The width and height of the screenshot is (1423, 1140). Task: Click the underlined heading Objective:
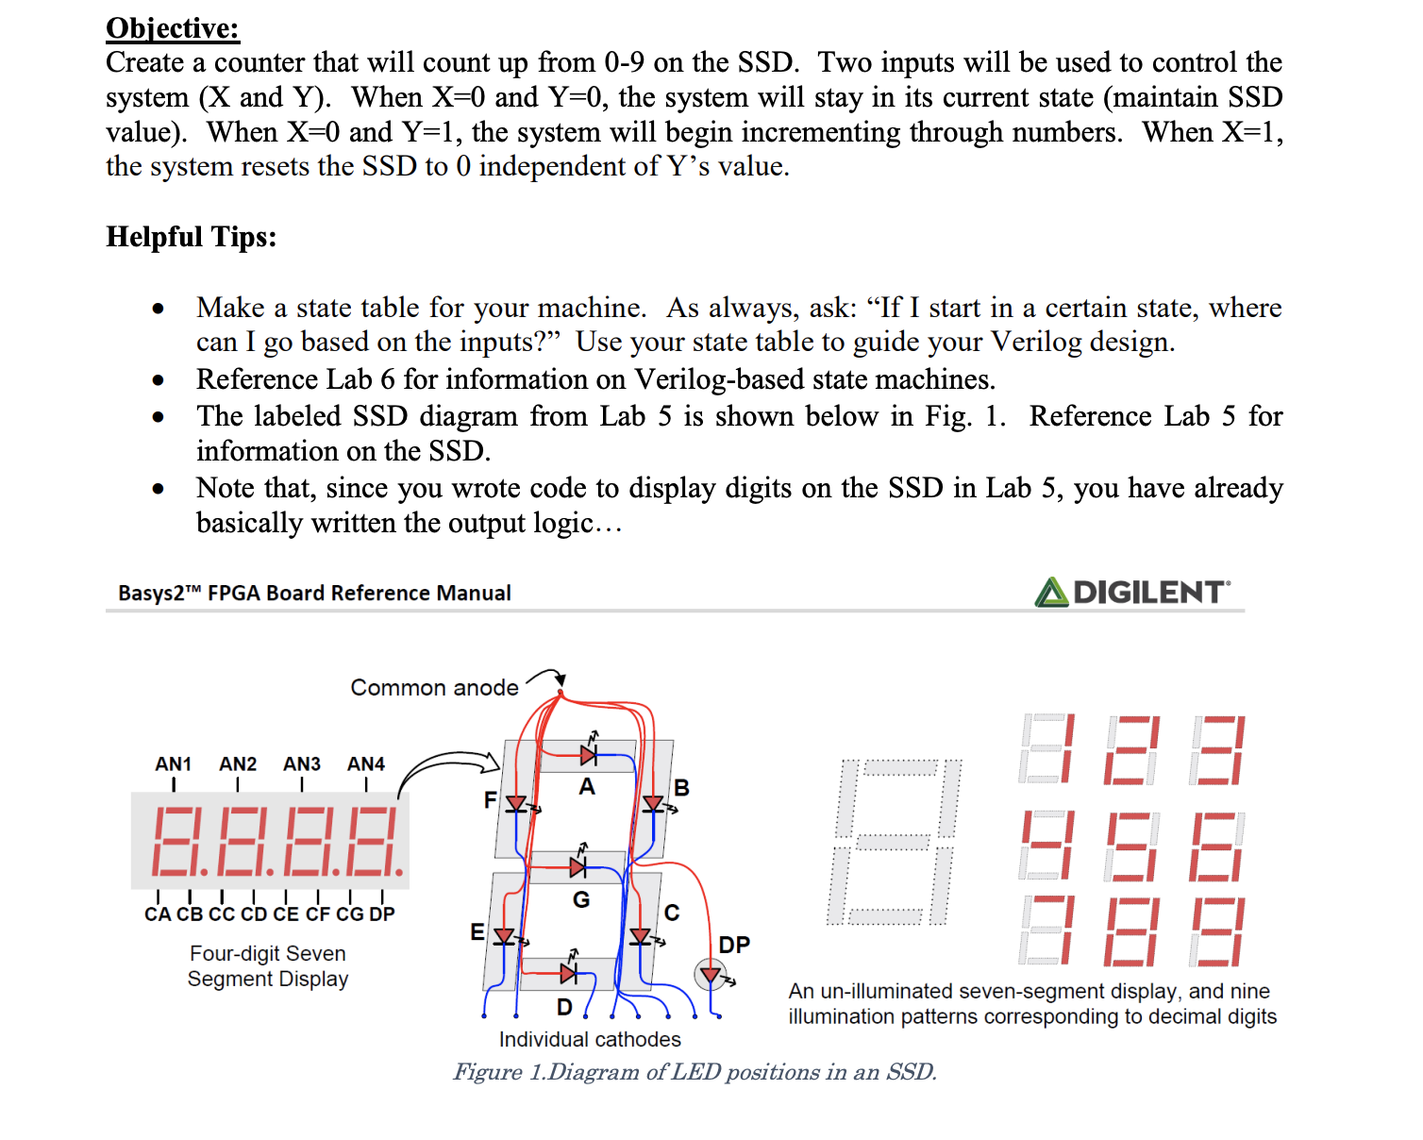(x=173, y=28)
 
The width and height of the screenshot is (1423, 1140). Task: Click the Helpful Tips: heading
(x=192, y=237)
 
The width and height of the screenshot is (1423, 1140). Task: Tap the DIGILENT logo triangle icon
(x=1051, y=593)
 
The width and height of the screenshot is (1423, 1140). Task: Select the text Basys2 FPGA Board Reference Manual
(x=314, y=594)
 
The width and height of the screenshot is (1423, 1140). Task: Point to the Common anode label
(x=434, y=688)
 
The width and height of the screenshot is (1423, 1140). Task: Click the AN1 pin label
(x=174, y=764)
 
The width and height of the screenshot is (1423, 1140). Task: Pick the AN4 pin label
(x=366, y=764)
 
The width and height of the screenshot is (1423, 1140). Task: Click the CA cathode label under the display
(x=158, y=914)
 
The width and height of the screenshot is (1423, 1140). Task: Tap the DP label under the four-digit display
(x=382, y=914)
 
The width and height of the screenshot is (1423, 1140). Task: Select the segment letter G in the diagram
(x=581, y=900)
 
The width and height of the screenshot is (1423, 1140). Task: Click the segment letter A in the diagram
(x=587, y=787)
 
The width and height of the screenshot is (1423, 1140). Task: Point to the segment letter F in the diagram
(x=490, y=800)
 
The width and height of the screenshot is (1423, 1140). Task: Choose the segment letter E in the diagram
(x=477, y=932)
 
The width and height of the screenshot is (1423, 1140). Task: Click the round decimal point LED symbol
(x=710, y=974)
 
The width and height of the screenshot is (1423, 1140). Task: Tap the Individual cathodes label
(x=590, y=1040)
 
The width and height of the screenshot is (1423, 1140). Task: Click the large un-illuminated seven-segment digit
(x=896, y=842)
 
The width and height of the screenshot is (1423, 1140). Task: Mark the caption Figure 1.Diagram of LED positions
(x=695, y=1073)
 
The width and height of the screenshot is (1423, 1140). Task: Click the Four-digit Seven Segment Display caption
(x=268, y=966)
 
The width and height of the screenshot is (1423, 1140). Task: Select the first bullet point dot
(x=159, y=309)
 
